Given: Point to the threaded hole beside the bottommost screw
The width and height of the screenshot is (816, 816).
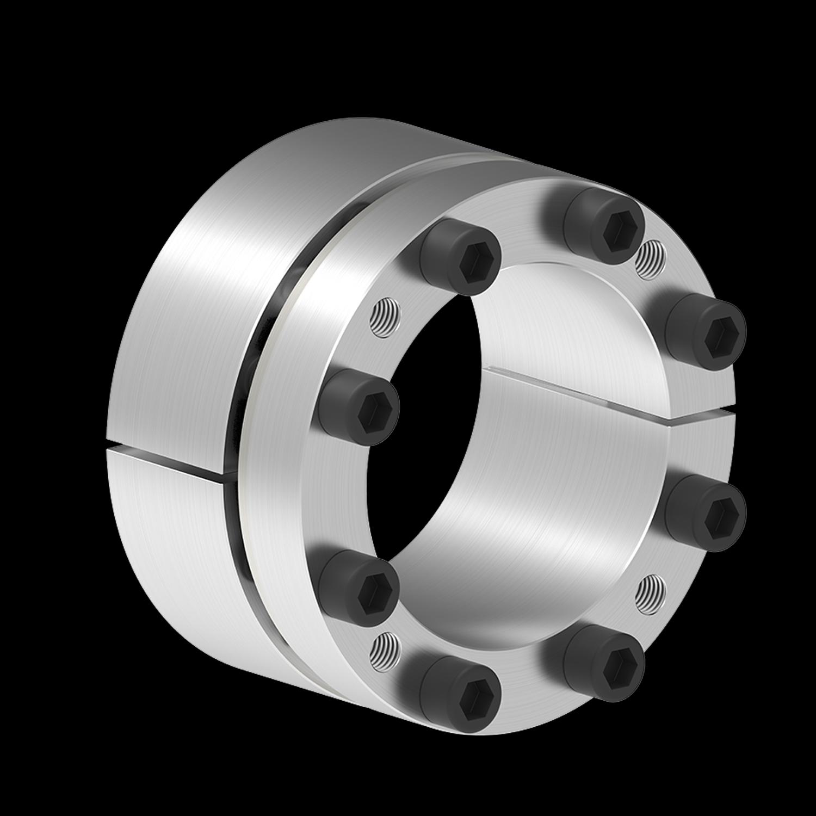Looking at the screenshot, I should pos(385,648).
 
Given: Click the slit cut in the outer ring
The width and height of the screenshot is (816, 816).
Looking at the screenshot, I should pos(169,461).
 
